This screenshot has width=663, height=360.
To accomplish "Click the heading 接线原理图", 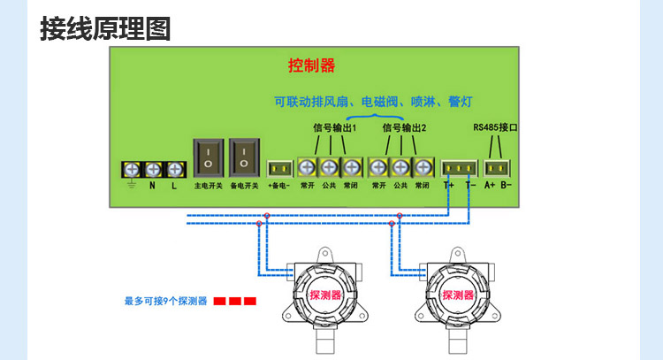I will coord(104,28).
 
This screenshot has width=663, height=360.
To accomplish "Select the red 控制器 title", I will coord(311,65).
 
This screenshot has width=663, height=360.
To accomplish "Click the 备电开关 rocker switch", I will coord(244,159).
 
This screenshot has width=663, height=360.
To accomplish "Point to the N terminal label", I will coord(152,186).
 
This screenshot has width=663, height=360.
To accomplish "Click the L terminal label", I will coord(174,186).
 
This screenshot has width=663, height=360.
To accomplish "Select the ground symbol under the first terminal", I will coord(132,186).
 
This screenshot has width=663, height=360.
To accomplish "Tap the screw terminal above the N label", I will coord(152,168).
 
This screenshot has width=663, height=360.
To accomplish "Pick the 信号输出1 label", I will coord(335,128).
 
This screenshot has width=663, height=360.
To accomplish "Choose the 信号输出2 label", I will coord(405,128).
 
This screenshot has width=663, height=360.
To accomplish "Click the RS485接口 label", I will coord(495,128).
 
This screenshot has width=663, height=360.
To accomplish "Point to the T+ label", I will coord(449,186).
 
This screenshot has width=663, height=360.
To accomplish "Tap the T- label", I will coord(470,186).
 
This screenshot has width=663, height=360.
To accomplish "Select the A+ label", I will coord(490,186).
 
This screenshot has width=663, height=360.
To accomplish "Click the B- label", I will coord(507,186).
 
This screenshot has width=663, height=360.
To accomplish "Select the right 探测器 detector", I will coord(458,295).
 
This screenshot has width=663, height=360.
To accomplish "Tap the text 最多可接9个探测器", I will coord(166,302).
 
